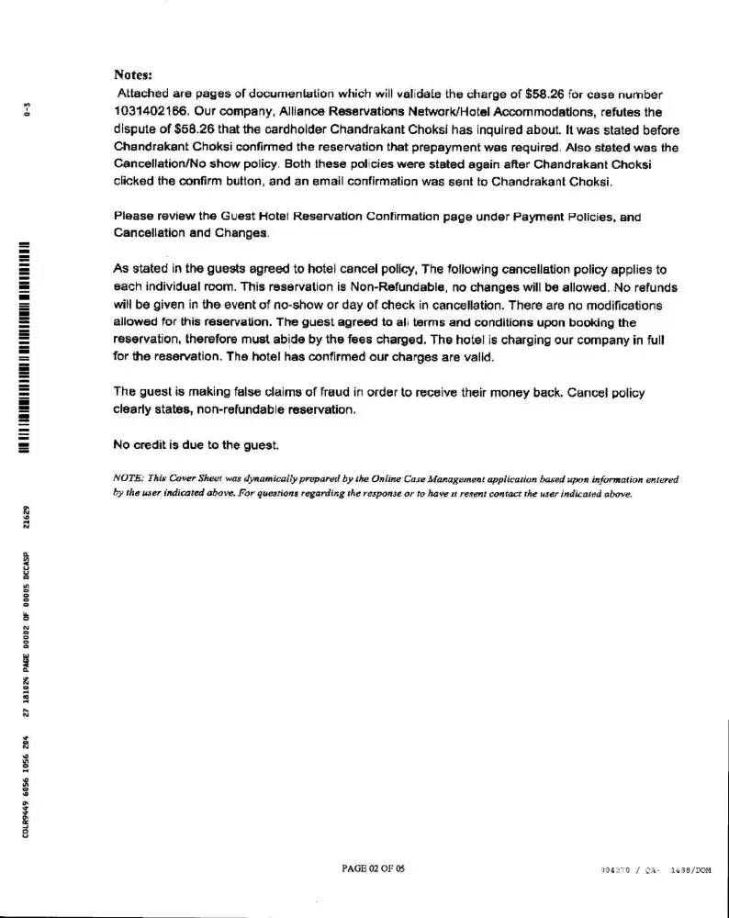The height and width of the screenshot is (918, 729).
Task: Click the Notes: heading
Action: (x=132, y=74)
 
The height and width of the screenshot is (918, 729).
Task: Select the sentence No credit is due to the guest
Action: (x=196, y=444)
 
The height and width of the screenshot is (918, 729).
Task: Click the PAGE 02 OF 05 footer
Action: (x=373, y=868)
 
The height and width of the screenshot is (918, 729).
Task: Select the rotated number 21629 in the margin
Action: (x=28, y=518)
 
